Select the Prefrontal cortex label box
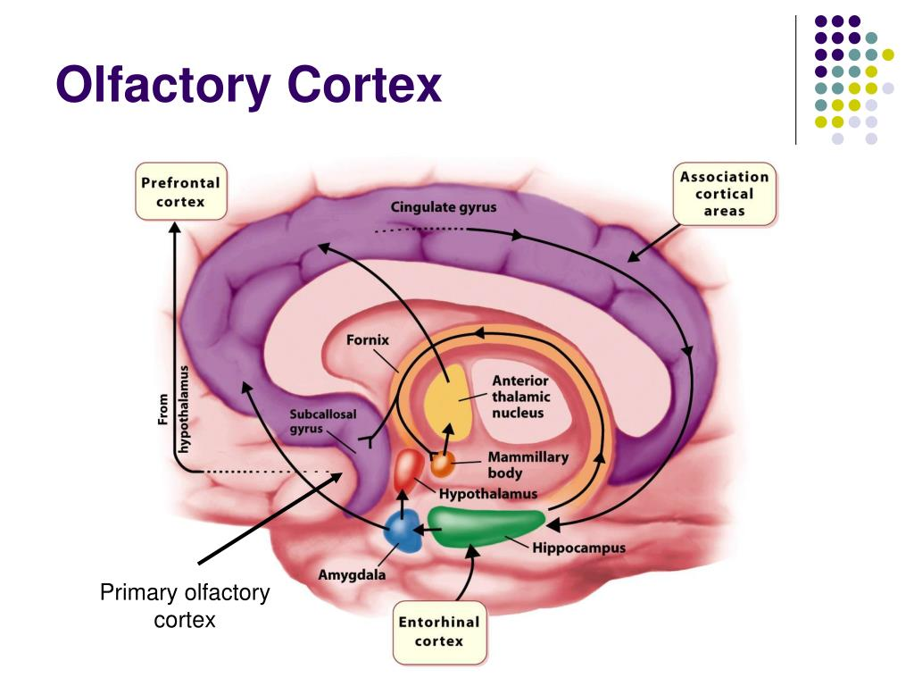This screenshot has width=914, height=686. coord(180,191)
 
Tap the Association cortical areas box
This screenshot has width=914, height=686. coord(724,194)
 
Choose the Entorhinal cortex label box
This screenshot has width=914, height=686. coord(438,632)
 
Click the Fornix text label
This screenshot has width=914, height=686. coord(368,340)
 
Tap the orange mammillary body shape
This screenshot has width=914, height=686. coord(443,464)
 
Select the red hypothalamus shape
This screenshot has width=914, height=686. coord(409,469)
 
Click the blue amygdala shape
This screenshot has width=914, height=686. coord(403,533)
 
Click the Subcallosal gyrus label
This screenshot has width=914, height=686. coord(310,422)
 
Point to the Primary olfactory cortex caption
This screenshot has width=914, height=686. coord(185,606)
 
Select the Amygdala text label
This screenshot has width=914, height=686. coord(352,575)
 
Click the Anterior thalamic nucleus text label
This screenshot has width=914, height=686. coord(521,397)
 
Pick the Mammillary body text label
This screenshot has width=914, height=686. coord(528,464)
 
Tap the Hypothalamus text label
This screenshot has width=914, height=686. coord(488,493)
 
